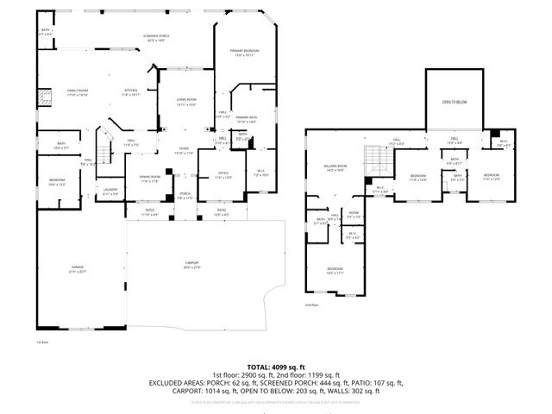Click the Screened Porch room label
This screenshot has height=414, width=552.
pos(157,37)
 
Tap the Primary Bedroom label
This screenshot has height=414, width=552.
pos(245,53)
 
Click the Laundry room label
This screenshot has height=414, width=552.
pos(110,191)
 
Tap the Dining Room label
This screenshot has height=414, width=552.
pos(150,179)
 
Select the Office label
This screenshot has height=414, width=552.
pos(223,175)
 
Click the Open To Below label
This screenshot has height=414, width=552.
pos(455,102)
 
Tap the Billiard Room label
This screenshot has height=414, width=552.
pos(336,167)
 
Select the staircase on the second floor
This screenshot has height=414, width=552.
pos(372,158)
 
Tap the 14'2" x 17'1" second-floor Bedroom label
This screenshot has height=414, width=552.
pos(335,271)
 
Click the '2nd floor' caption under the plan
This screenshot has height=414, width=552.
pos(311,305)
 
